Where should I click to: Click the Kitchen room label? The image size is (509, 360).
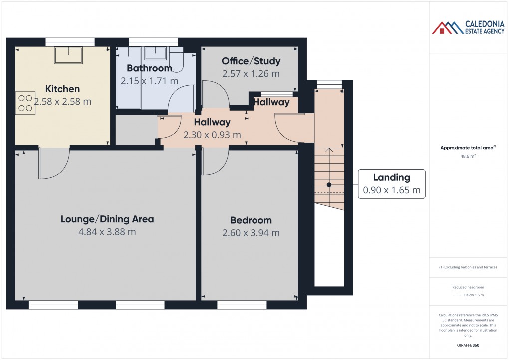click(62, 89)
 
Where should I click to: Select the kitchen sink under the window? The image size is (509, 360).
click(68, 55)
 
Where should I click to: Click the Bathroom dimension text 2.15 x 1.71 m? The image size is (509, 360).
click(149, 80)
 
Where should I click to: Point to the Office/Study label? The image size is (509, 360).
click(251, 61)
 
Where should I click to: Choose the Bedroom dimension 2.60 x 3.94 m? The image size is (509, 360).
click(251, 233)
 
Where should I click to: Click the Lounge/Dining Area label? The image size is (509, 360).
click(107, 219)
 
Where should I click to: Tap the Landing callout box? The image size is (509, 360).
click(392, 184)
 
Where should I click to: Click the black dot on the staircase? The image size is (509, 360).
click(329, 185)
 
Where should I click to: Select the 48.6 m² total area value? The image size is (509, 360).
click(468, 156)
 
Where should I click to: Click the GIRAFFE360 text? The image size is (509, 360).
click(468, 345)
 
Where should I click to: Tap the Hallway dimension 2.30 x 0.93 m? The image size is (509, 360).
click(212, 135)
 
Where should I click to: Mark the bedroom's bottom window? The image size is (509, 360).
click(242, 305)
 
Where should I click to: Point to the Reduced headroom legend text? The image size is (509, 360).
click(468, 287)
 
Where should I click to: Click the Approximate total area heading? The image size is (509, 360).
click(467, 148)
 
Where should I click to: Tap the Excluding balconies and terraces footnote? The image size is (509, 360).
click(468, 267)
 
